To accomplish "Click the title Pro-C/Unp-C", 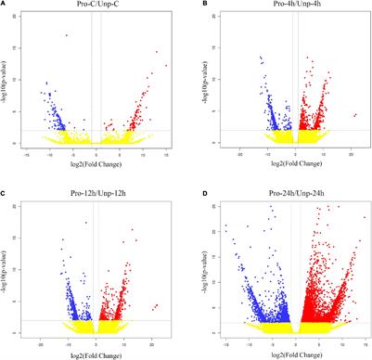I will [96, 6].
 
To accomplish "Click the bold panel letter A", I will [5, 6].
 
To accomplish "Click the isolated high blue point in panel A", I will [66, 35].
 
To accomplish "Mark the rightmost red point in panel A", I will [165, 65].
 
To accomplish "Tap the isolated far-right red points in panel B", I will [354, 115].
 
